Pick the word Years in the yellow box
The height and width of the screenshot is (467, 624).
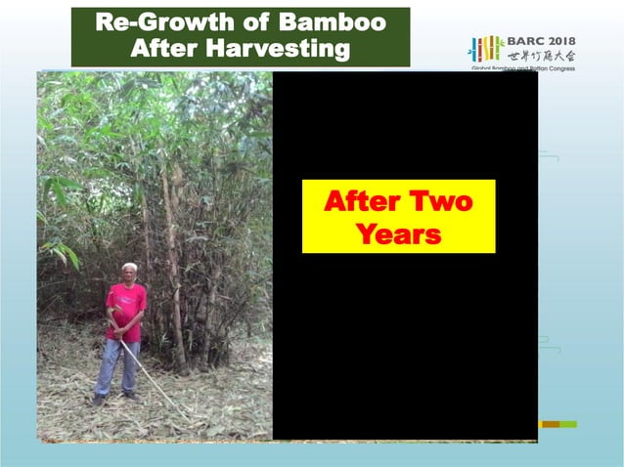pyautogui.click(x=398, y=234)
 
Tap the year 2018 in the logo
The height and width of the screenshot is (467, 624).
pyautogui.click(x=559, y=41)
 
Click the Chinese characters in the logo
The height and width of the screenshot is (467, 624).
pyautogui.click(x=541, y=56)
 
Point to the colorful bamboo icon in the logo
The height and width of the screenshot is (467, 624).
pyautogui.click(x=486, y=49)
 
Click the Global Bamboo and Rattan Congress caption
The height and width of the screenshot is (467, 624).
pyautogui.click(x=522, y=69)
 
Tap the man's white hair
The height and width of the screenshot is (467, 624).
pyautogui.click(x=128, y=266)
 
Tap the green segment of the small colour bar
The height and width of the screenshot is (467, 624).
pyautogui.click(x=568, y=424)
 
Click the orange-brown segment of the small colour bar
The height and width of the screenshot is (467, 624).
pyautogui.click(x=550, y=424)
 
